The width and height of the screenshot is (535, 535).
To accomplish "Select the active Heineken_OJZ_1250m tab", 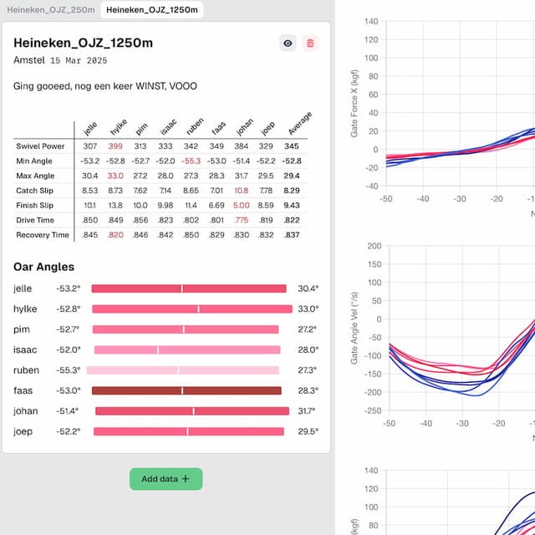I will click(152, 9).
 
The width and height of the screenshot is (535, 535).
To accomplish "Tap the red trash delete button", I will click(310, 43).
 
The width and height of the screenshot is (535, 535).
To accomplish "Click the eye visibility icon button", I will click(287, 43).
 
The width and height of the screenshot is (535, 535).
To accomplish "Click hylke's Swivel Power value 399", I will click(115, 146).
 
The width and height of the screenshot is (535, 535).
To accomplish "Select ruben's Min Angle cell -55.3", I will click(191, 160).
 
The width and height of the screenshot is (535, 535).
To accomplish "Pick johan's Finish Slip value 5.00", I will click(242, 205).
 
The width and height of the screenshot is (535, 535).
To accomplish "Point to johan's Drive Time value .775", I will click(242, 220).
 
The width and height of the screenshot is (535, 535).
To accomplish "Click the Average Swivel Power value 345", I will click(292, 146).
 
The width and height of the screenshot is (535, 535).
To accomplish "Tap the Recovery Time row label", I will click(43, 235).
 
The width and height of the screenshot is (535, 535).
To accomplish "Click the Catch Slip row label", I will click(34, 191).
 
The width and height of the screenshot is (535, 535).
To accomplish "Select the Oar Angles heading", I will click(43, 267).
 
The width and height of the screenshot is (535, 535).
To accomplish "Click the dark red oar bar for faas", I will click(186, 390).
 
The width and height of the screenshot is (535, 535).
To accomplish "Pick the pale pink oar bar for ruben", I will click(182, 370).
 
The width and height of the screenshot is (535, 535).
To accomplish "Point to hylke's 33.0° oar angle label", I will click(308, 308).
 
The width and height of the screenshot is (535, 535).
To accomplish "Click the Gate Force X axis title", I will click(354, 104).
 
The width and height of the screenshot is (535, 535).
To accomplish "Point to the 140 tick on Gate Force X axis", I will click(371, 21).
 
